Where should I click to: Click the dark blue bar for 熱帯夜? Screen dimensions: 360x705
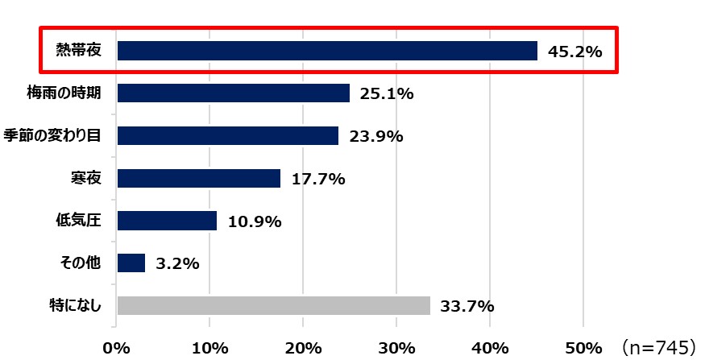pyautogui.click(x=326, y=51)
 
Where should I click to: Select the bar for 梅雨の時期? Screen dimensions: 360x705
pyautogui.click(x=233, y=93)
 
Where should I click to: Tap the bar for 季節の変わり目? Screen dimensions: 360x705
pyautogui.click(x=227, y=135)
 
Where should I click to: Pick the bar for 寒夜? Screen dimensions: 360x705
pyautogui.click(x=198, y=178)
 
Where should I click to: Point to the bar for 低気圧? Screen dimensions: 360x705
pyautogui.click(x=167, y=221)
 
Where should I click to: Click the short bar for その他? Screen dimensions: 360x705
pyautogui.click(x=131, y=263)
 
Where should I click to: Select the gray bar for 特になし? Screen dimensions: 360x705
pyautogui.click(x=273, y=306)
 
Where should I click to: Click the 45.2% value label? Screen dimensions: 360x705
pyautogui.click(x=575, y=52)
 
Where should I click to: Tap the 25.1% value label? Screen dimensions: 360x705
pyautogui.click(x=387, y=94)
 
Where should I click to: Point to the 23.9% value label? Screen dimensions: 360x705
pyautogui.click(x=376, y=136)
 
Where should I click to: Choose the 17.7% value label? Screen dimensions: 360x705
pyautogui.click(x=318, y=179)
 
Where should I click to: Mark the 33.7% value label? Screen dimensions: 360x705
pyautogui.click(x=467, y=307)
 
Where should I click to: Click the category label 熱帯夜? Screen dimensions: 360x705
pyautogui.click(x=78, y=51)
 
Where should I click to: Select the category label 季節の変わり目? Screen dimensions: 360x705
pyautogui.click(x=52, y=135)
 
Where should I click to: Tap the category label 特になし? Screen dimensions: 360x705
pyautogui.click(x=74, y=306)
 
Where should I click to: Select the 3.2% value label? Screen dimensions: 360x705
pyautogui.click(x=178, y=263)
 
